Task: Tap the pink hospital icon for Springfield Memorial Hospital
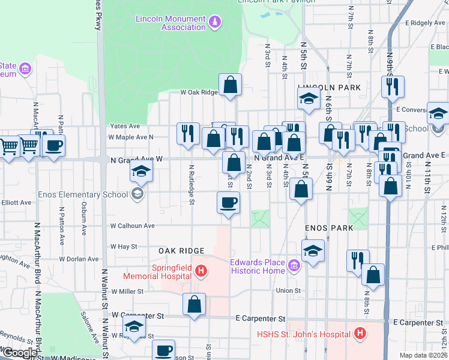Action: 201,272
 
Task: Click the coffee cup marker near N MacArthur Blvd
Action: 53,145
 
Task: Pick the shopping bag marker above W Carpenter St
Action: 194,305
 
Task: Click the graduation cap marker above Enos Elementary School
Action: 140,172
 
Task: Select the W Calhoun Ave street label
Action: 132,226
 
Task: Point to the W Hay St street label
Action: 124,247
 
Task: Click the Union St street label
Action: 288,291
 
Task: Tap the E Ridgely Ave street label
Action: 425,23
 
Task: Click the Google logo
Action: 20,353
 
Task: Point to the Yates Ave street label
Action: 125,126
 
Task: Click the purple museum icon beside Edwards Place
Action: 294,265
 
